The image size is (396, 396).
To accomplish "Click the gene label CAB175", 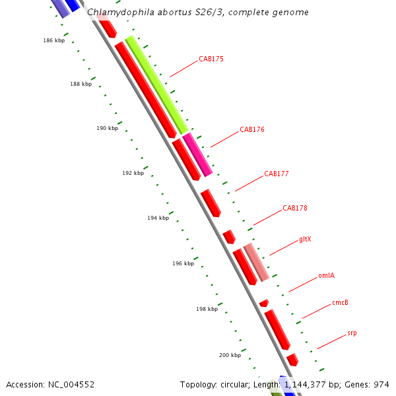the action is pos(211,59).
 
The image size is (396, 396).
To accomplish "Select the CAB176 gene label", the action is pos(252,130).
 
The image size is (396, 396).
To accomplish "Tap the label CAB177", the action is pos(277,174).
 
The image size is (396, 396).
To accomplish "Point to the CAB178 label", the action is pos(295,209).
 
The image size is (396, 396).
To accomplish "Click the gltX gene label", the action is pos(305,240).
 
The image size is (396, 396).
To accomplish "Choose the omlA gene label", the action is pos(326,276).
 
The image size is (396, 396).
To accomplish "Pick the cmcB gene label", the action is pos(340,304).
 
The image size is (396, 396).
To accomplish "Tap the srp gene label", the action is pos(352,333).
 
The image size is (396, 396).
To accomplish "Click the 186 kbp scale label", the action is pos(54,41).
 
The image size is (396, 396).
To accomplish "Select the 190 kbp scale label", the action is pos(107,129).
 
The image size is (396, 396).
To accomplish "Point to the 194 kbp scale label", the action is pos(158,218).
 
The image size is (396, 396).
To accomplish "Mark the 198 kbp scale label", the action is pos(207,309).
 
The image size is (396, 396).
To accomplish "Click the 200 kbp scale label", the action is pos(230,356).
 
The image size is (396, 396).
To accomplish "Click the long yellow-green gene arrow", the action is pos(157,85).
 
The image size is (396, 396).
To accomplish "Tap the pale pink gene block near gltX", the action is pos(256,262).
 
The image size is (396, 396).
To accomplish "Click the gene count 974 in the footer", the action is pos(381,384).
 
